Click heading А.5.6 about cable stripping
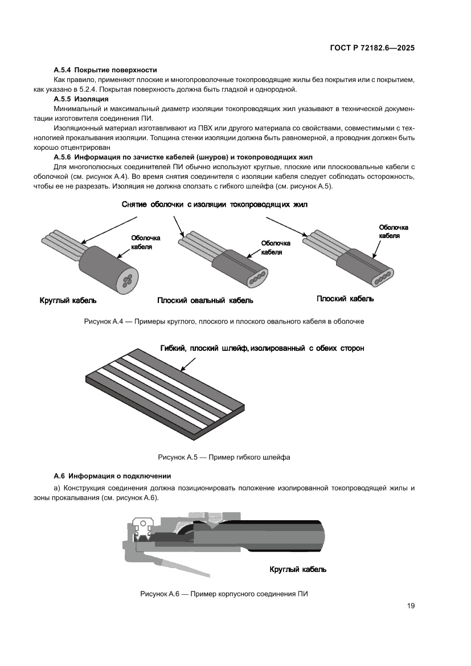coord(182,157)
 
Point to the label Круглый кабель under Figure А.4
coord(68,300)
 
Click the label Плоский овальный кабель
coord(205,300)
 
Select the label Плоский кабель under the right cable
coord(345,299)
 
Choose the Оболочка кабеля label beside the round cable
coord(146,242)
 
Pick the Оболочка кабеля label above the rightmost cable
coord(394,231)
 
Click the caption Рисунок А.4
coord(223,321)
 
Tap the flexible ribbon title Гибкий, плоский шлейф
coord(262,348)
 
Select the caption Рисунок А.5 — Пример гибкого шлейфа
coord(223,457)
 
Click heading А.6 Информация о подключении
coord(112,476)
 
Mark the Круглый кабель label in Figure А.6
coord(297,569)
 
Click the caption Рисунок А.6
coord(223,594)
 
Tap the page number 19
coord(411,606)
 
